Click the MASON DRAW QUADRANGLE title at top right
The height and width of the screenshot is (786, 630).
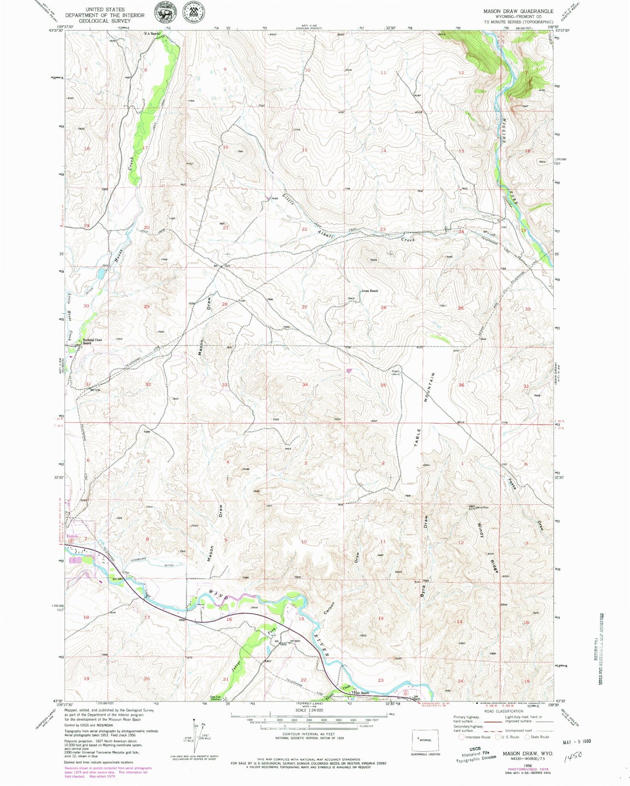(x=518, y=11)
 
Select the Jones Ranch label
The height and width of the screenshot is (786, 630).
(x=369, y=290)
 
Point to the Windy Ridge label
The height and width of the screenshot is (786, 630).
(x=487, y=547)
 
